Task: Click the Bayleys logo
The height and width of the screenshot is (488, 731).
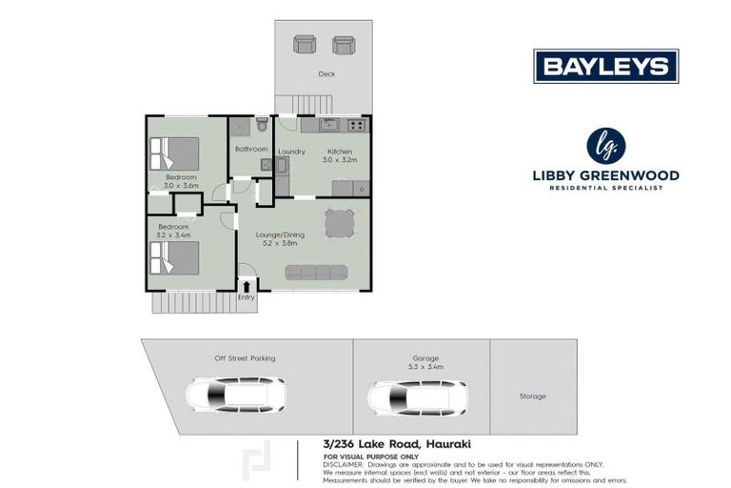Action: (x=605, y=67)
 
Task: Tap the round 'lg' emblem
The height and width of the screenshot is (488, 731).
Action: (x=605, y=146)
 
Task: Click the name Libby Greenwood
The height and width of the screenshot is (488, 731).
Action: (x=605, y=175)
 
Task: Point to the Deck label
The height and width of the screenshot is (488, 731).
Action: (x=326, y=73)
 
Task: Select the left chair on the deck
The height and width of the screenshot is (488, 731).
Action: (x=305, y=44)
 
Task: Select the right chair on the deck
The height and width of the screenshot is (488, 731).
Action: (x=343, y=44)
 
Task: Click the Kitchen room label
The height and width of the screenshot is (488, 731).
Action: (x=340, y=152)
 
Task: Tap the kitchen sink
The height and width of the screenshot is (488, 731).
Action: (x=328, y=124)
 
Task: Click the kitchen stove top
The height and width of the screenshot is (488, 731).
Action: (x=356, y=125)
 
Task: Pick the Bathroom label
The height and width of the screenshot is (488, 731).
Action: (x=250, y=150)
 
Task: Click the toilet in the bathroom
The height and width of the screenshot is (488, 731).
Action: (x=262, y=124)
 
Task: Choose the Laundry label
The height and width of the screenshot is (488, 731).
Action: (x=290, y=152)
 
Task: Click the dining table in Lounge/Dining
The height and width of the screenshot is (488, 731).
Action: (x=341, y=223)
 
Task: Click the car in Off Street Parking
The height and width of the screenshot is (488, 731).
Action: (x=235, y=394)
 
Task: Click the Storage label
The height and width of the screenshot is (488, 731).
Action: (x=532, y=396)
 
